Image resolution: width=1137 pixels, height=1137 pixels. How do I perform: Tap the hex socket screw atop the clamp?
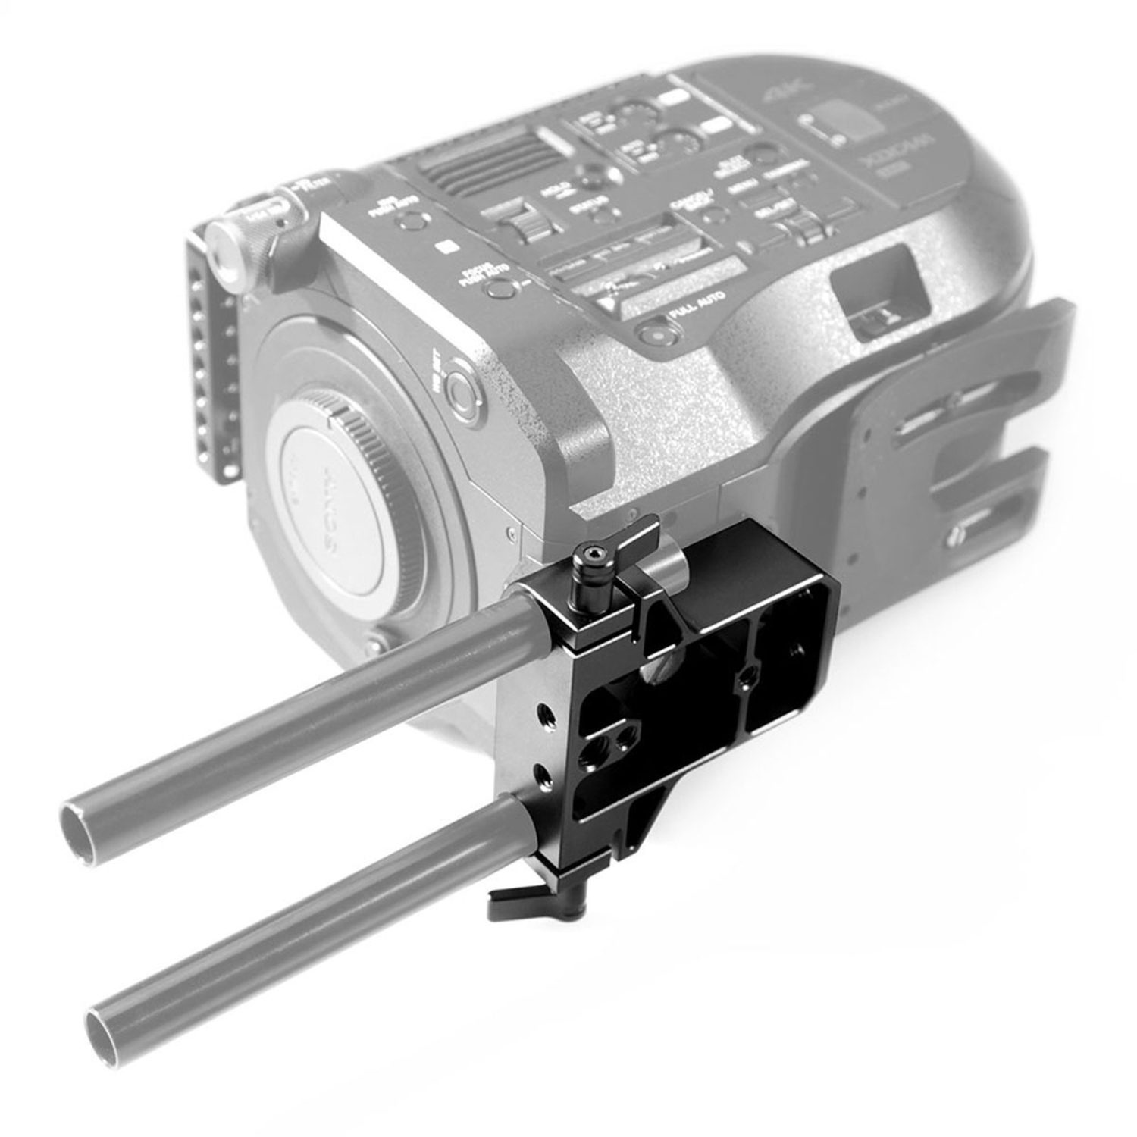click(590, 558)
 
